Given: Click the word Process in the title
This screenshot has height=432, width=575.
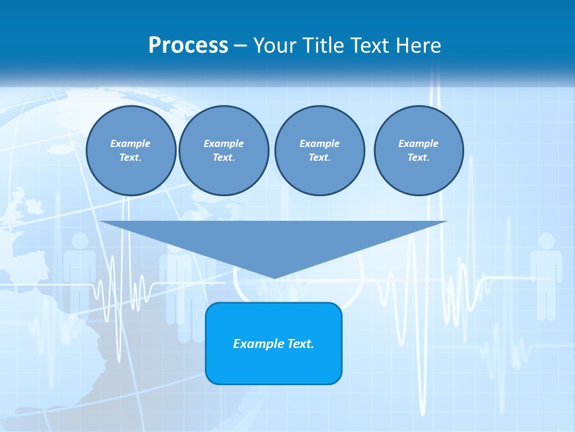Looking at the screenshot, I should click(188, 45).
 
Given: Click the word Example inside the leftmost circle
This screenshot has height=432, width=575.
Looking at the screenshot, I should click(130, 143).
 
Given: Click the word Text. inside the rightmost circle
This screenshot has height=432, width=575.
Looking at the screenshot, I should click(418, 157).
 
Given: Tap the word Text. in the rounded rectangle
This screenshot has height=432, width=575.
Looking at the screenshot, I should click(301, 344).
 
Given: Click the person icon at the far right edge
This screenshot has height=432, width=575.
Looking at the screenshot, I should click(546, 276).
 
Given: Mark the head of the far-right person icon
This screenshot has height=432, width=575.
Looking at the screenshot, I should click(546, 241).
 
